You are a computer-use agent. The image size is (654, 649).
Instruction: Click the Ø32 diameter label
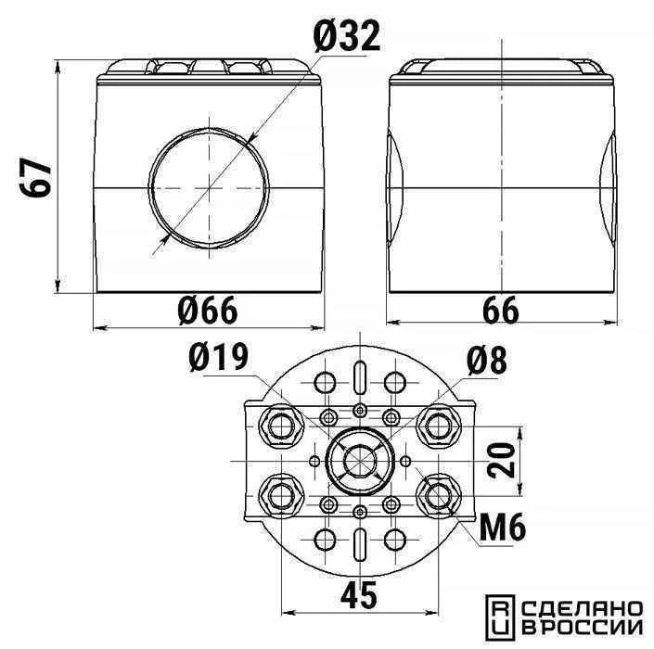pos(347,36)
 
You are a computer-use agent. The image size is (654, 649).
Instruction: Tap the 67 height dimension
pos(36,177)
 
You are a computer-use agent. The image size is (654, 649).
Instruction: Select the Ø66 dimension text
pos(207,310)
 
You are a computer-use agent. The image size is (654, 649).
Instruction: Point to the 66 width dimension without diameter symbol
pos(501,310)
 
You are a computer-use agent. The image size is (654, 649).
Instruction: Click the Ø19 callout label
pos(218,357)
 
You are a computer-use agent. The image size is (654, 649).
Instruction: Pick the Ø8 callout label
pos(487,360)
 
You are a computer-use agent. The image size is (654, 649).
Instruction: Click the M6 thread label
pos(503,528)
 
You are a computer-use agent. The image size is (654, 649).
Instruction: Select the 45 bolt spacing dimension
pos(359,595)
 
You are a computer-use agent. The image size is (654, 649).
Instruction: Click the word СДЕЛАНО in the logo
pos(583,609)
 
